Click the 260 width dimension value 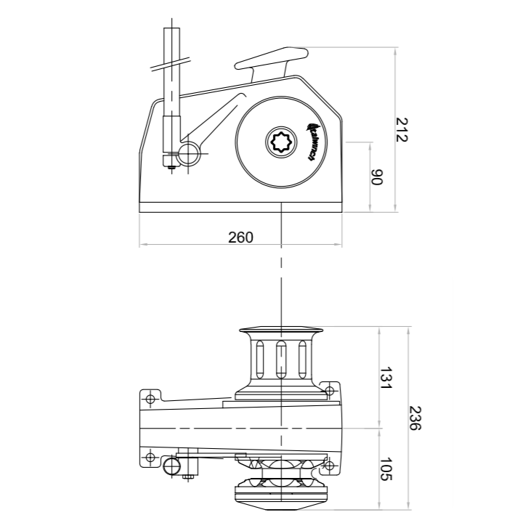(x=240, y=237)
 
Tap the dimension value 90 (x=376, y=177)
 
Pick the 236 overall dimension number (x=415, y=418)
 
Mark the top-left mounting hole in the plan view (x=150, y=399)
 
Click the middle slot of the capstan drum (x=281, y=359)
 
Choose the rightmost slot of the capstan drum (x=303, y=359)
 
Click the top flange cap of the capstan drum (x=281, y=332)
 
